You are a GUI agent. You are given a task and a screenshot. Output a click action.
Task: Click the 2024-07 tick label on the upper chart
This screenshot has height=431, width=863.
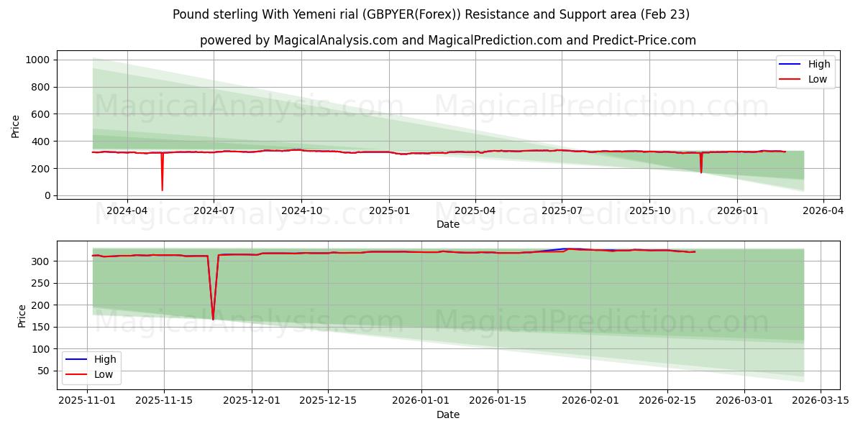pos(214,210)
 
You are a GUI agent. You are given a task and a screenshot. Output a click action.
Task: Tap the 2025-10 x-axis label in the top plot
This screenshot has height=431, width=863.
pos(649,210)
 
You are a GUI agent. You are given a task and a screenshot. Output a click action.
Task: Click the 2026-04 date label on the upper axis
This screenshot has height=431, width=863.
pos(823,210)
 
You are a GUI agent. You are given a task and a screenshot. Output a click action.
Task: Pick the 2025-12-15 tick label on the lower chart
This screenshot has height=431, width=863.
pos(328,401)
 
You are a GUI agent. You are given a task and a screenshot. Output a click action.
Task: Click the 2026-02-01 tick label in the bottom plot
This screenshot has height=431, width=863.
pos(590,401)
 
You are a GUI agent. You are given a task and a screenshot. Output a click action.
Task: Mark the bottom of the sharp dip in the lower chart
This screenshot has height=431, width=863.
pos(213,319)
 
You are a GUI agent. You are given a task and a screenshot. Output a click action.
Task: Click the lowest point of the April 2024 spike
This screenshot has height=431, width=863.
pos(162,190)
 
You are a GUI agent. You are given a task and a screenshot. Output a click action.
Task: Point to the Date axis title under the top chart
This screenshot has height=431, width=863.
pos(447,224)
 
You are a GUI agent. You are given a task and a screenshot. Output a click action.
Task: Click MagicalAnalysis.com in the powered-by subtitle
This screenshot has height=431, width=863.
pos(336,40)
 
